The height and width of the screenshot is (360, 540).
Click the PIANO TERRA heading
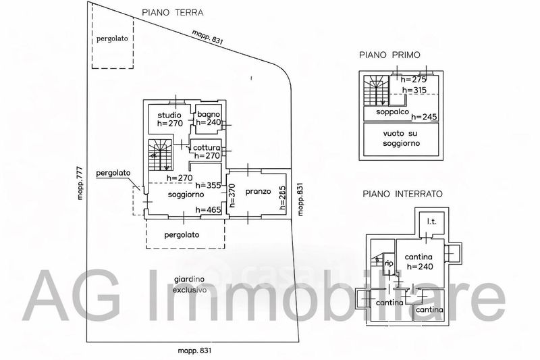click(x=172, y=12)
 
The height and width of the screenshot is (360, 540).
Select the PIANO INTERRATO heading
click(x=402, y=193)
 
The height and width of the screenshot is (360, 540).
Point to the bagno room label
click(x=209, y=114)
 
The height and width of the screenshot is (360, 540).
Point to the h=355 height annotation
click(x=208, y=185)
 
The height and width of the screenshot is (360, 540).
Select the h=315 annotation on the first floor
click(x=415, y=90)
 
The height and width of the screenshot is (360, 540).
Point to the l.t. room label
click(x=431, y=221)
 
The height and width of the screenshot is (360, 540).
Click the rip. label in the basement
click(x=389, y=263)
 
